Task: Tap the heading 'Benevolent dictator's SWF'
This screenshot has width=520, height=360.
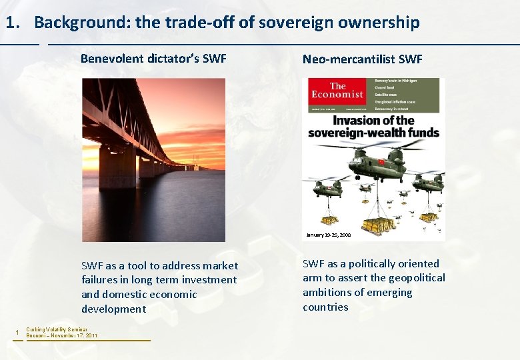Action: click(153, 58)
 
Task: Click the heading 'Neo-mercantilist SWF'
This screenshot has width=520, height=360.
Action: click(363, 59)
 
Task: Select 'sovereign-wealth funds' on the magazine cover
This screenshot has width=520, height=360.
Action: click(373, 133)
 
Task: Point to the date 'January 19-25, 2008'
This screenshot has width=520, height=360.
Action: click(328, 235)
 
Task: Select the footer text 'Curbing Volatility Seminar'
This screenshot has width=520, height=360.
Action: click(57, 329)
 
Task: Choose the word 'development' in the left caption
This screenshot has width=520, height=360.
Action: click(113, 309)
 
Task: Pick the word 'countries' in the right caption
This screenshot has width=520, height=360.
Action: click(325, 307)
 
